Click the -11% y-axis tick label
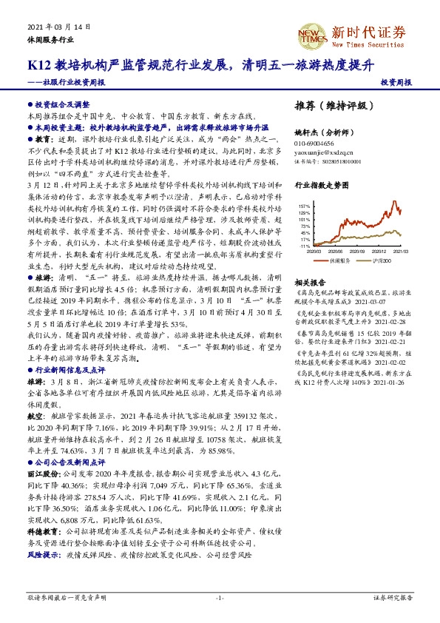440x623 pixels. coord(305,246)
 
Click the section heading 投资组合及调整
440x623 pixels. coord(62,105)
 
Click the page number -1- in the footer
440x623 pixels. coord(219,597)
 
